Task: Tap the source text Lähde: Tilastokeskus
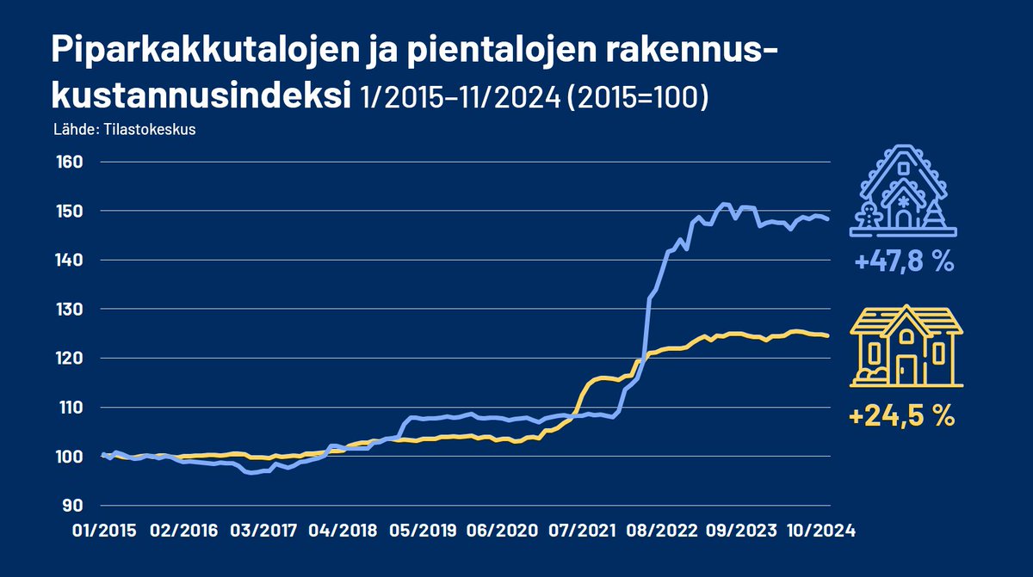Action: pos(121,132)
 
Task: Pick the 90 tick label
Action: pos(70,505)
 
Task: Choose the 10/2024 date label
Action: pos(820,531)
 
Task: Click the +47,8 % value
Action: pos(904,262)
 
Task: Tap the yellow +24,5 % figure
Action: pos(902,418)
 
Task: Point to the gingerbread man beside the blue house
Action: pos(869,215)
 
